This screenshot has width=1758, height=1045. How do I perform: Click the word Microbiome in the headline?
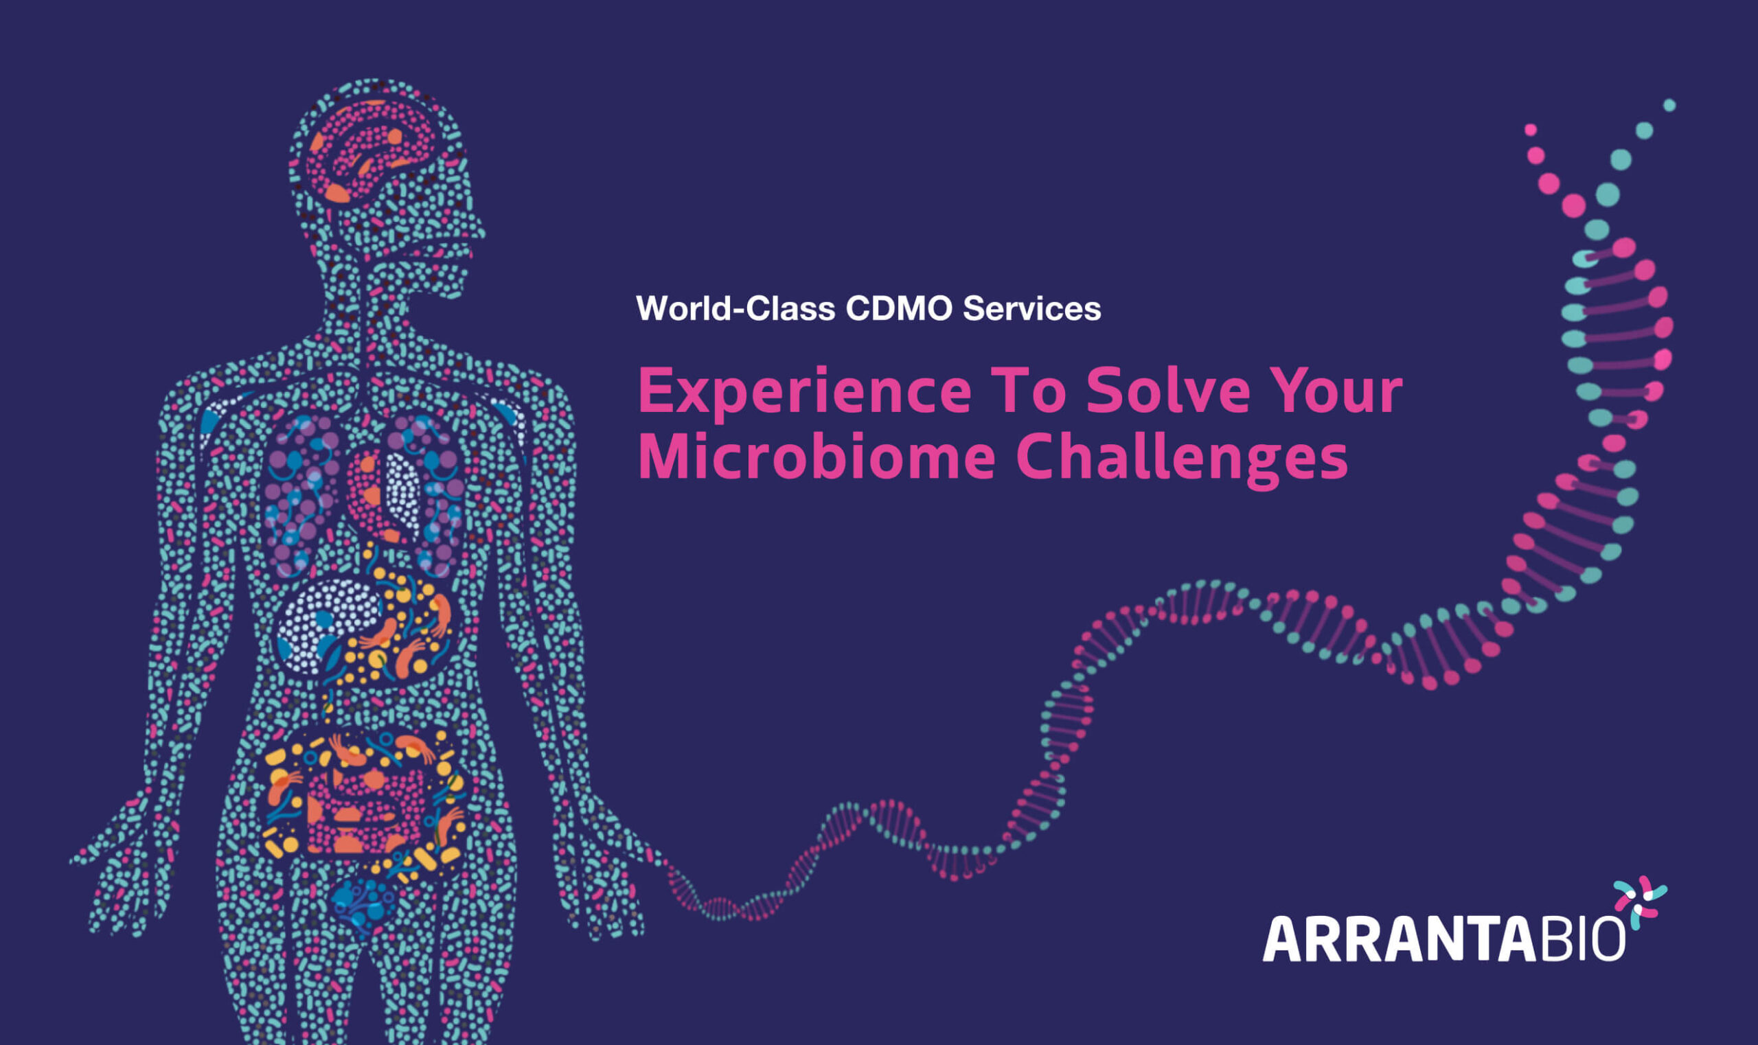point(817,456)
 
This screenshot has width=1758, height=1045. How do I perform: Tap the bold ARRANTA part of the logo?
point(1399,939)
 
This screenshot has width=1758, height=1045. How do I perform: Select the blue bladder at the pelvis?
point(363,905)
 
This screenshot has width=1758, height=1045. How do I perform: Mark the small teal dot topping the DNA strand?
point(1669,106)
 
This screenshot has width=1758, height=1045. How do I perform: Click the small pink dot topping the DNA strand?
point(1530,130)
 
